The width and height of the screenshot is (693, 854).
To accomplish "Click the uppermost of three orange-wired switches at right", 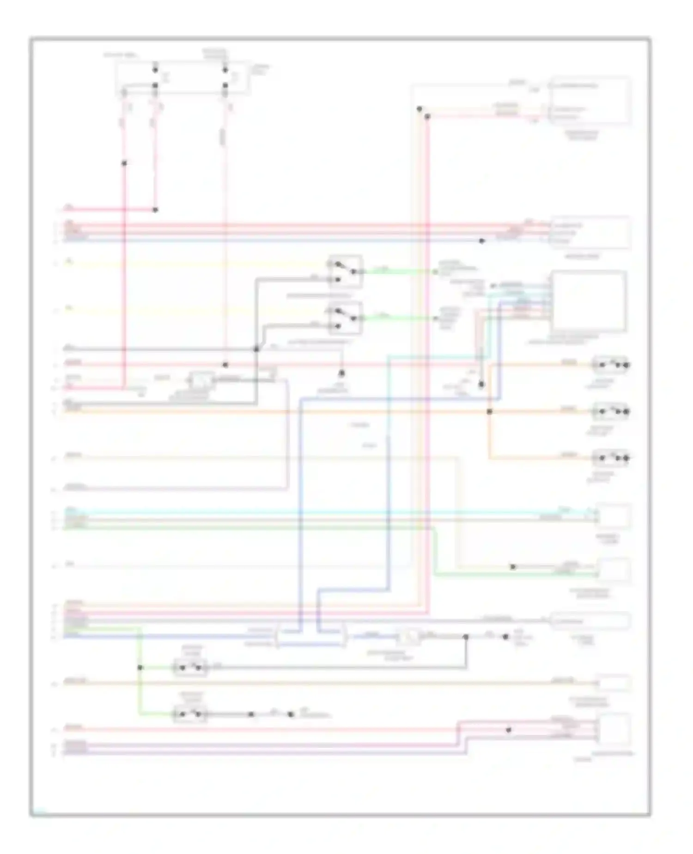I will [x=610, y=365].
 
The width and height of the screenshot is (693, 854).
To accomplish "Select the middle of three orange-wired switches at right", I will [x=610, y=411].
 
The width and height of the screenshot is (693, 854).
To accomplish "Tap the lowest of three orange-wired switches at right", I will [x=610, y=458].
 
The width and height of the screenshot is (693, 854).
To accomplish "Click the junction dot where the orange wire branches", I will [x=489, y=411].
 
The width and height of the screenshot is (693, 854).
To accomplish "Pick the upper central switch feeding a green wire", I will [x=345, y=271].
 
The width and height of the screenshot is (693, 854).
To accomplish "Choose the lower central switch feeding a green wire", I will [x=345, y=318].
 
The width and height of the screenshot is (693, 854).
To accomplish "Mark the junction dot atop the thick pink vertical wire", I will [x=427, y=117].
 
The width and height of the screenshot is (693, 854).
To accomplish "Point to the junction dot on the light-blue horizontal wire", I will [x=481, y=241].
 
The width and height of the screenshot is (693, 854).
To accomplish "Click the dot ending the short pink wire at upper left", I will [x=155, y=210].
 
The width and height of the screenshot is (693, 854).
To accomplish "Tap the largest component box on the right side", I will [x=589, y=301].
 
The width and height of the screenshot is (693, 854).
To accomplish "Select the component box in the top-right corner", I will [x=590, y=100].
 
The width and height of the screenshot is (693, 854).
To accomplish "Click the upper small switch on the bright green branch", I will [x=190, y=668].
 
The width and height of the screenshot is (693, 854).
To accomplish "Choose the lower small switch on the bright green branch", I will [x=190, y=715].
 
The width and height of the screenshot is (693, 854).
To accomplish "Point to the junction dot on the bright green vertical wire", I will [x=140, y=668].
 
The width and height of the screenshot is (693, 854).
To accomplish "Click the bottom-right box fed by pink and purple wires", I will [x=614, y=729].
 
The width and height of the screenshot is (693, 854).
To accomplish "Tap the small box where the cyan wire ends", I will [x=614, y=516].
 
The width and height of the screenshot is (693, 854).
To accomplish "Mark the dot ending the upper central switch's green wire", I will [x=435, y=272].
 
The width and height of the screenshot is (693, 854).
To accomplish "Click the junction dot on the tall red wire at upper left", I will [x=124, y=163].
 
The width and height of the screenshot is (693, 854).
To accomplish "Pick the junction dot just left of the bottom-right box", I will [x=508, y=730].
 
